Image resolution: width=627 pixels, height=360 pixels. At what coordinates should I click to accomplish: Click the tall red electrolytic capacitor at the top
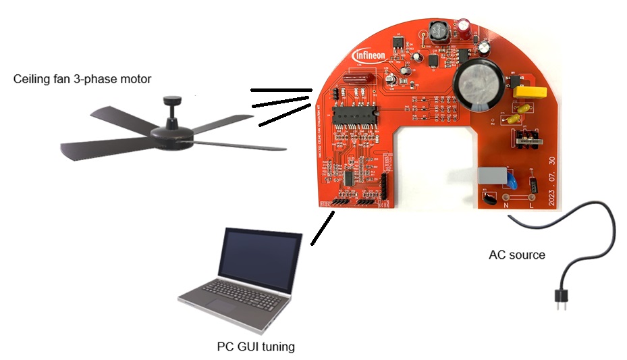pos(466,26)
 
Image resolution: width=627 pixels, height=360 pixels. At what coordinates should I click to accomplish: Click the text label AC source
pos(517,255)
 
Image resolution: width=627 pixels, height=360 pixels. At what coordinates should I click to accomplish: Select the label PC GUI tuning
pos(256,347)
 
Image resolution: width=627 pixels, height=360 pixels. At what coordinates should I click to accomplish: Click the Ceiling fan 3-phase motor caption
pos(82,79)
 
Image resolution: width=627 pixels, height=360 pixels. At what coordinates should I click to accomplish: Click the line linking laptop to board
pos(322,228)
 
